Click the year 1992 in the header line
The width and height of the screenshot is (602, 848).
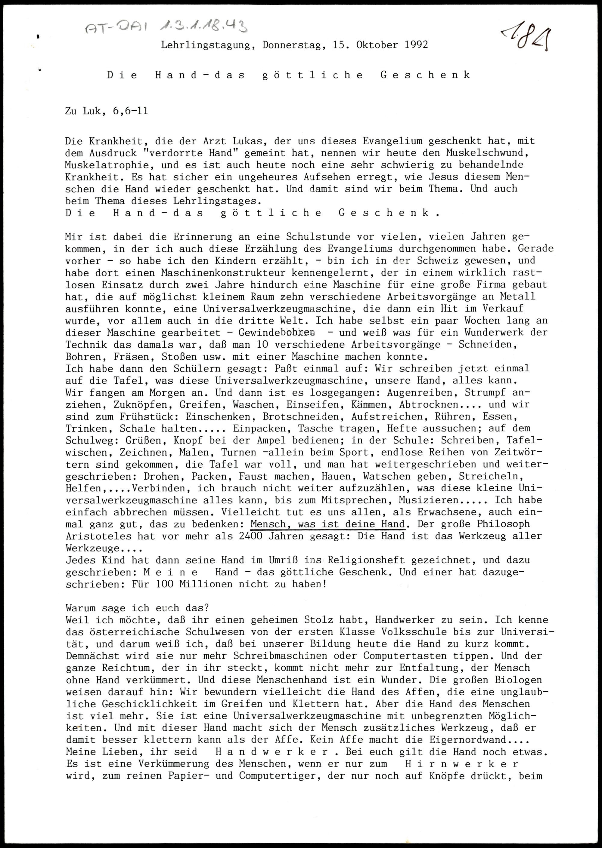coord(416,45)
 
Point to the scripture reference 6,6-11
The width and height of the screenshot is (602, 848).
coord(130,111)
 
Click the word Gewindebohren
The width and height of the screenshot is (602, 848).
coord(277,333)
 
